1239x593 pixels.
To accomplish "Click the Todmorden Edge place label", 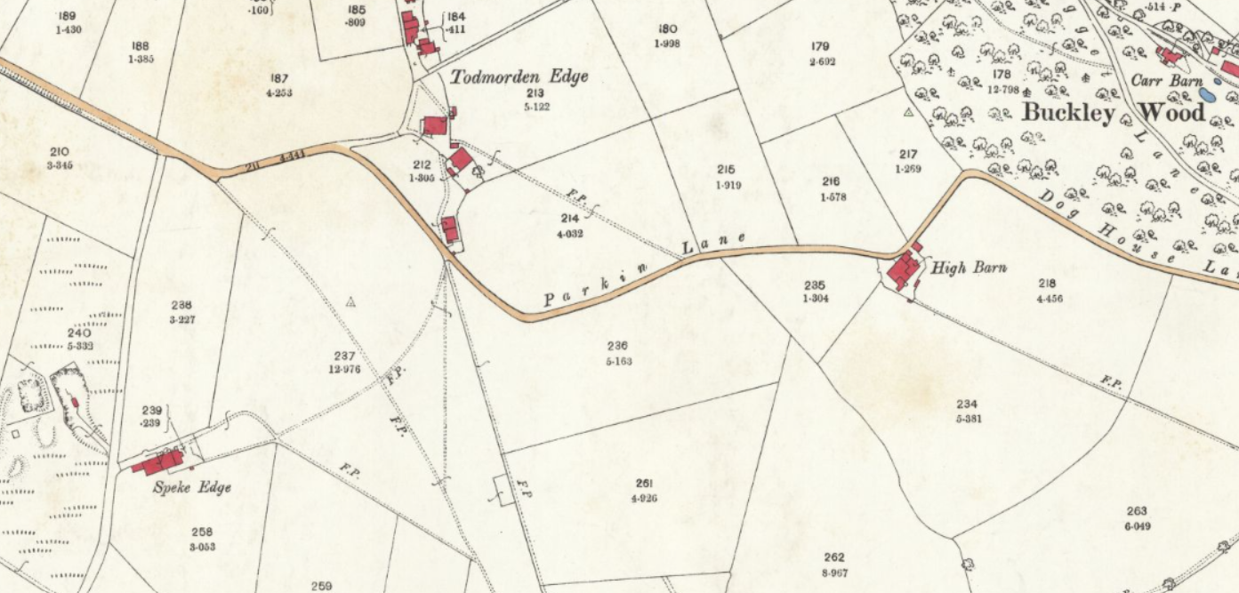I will (519, 77).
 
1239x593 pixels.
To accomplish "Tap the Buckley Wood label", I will (1114, 113).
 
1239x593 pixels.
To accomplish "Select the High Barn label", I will (969, 267).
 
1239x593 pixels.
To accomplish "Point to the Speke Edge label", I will (192, 487).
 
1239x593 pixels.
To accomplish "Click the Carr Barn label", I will (1166, 81).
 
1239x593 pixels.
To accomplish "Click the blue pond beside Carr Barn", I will (1207, 92).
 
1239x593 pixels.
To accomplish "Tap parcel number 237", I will (344, 357).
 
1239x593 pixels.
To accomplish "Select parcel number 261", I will (644, 484).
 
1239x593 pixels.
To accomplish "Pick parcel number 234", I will (968, 405).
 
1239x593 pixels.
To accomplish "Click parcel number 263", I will (1137, 511).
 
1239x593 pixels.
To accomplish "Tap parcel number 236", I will (617, 347).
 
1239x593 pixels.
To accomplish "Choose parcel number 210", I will (60, 152).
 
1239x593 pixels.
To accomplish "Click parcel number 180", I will (667, 29).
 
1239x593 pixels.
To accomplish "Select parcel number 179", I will (820, 47).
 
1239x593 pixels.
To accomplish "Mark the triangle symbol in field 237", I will (350, 302).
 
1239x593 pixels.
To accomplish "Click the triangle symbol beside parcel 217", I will (908, 113).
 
